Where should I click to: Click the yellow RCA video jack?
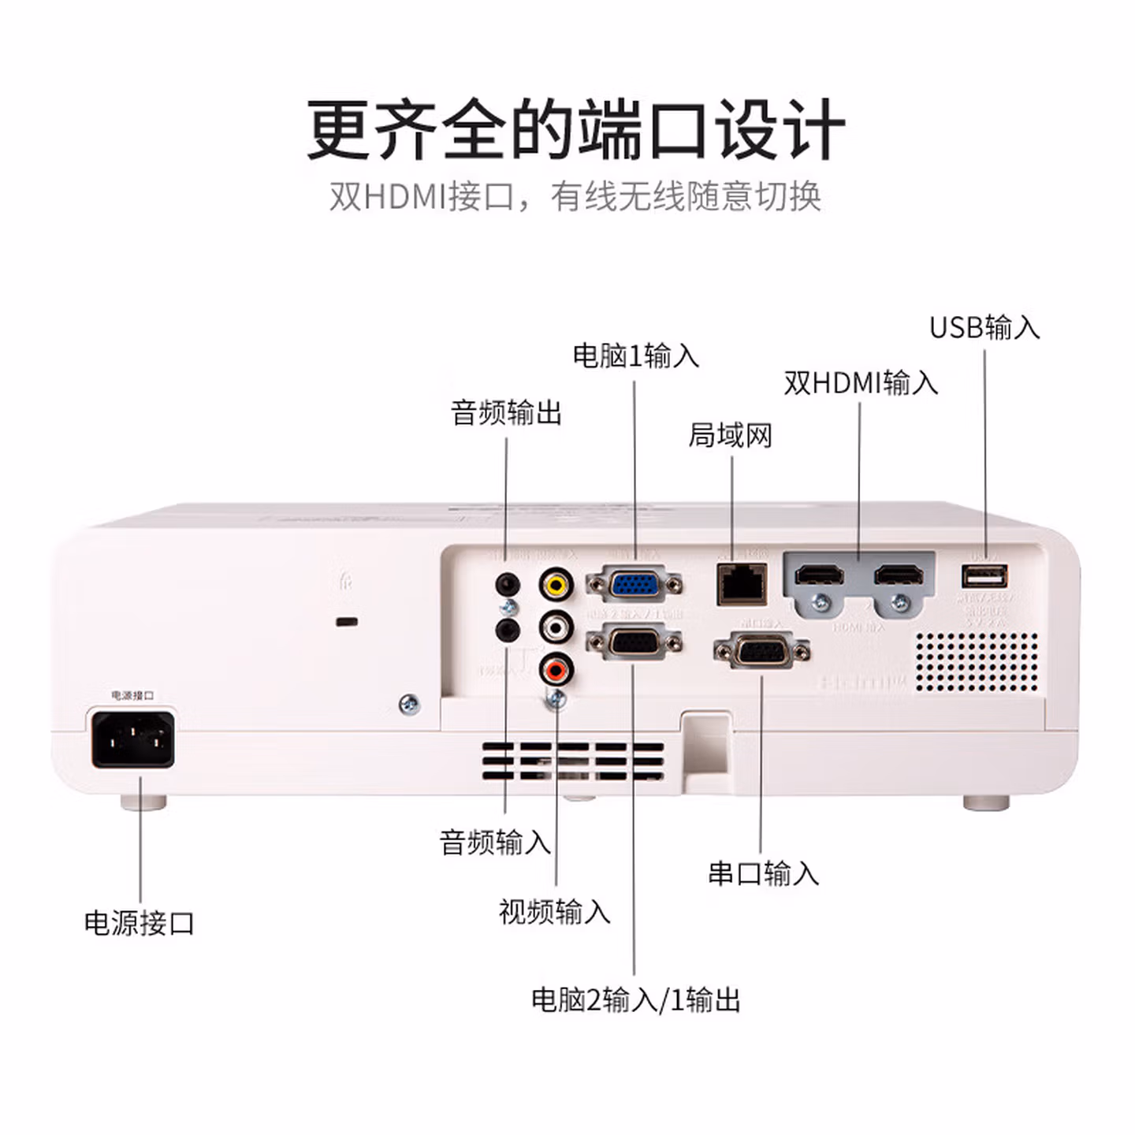coord(556,584)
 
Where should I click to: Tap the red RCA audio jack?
coord(556,670)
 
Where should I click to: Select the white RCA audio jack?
coord(556,627)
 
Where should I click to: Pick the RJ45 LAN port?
coord(741,584)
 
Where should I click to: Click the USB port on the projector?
coord(984,577)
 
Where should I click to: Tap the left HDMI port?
coord(819,575)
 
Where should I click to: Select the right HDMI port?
coord(899,575)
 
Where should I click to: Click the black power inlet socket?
coord(132,739)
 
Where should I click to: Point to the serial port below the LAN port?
coord(761,651)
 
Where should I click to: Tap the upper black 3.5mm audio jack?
coord(507,585)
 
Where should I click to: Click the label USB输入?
coord(984,327)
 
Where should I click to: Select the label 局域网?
coord(730,435)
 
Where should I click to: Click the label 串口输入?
coord(763,873)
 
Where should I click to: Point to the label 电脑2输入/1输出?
coord(635,999)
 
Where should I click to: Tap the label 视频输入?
coord(554,912)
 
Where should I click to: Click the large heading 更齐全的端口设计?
coord(575,130)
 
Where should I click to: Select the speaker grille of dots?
coord(977,662)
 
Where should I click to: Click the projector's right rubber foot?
coord(986,802)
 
